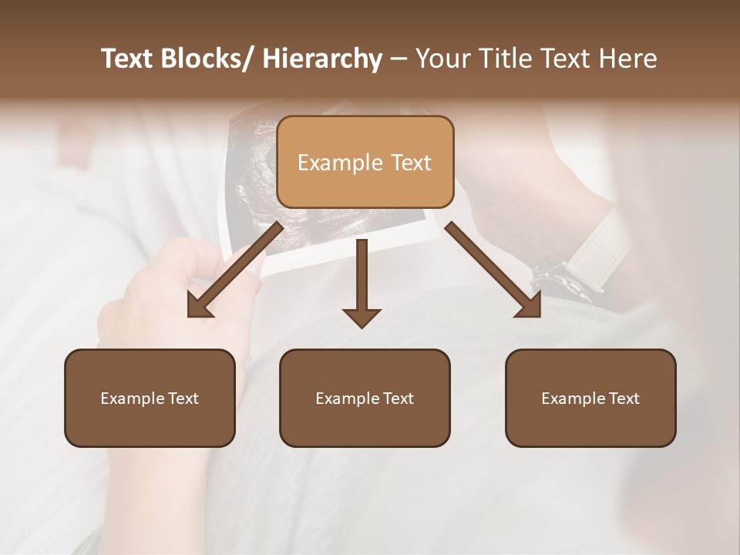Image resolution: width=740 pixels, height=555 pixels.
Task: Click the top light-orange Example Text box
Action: pos(365,162)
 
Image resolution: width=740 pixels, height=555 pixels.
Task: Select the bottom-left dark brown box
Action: pos(150,398)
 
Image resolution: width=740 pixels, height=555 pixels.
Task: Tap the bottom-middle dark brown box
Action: pos(365,398)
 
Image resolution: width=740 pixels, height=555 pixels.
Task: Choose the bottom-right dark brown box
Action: pos(590,398)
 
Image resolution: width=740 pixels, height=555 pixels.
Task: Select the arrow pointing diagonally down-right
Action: pos(492,268)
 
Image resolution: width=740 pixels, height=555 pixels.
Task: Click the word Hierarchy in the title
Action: pos(322,59)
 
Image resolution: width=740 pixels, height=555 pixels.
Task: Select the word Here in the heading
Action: pos(628,59)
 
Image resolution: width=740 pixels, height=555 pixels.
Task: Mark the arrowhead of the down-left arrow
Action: pos(200,307)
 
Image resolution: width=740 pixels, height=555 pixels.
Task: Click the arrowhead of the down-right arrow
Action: pos(529,306)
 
